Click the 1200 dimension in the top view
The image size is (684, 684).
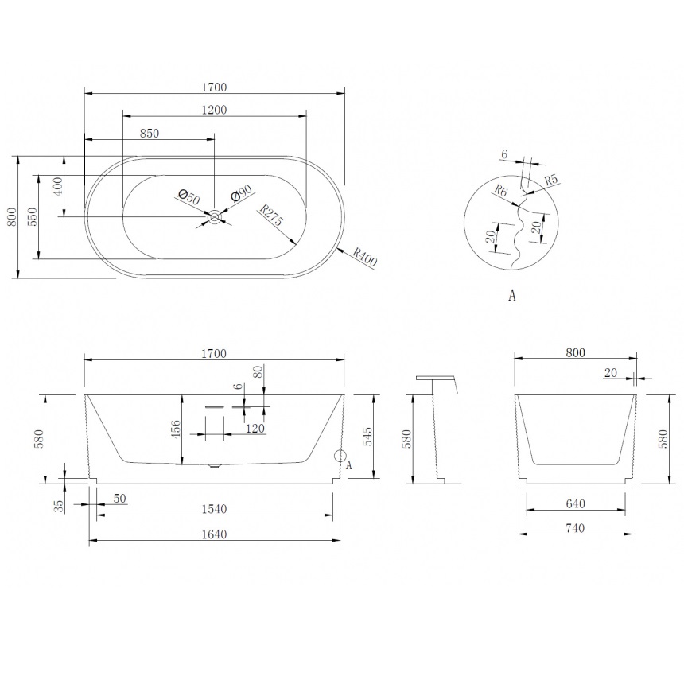click(x=214, y=110)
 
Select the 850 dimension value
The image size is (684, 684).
click(x=150, y=134)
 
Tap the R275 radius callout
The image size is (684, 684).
click(x=271, y=215)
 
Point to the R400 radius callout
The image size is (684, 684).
click(x=364, y=257)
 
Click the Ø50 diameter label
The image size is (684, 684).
click(x=188, y=196)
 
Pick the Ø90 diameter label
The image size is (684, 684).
click(x=242, y=193)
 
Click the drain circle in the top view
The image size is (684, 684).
click(x=214, y=217)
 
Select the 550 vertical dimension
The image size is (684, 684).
click(x=33, y=217)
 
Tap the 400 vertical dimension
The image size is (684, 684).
click(x=58, y=186)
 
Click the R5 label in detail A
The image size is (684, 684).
click(x=551, y=180)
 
